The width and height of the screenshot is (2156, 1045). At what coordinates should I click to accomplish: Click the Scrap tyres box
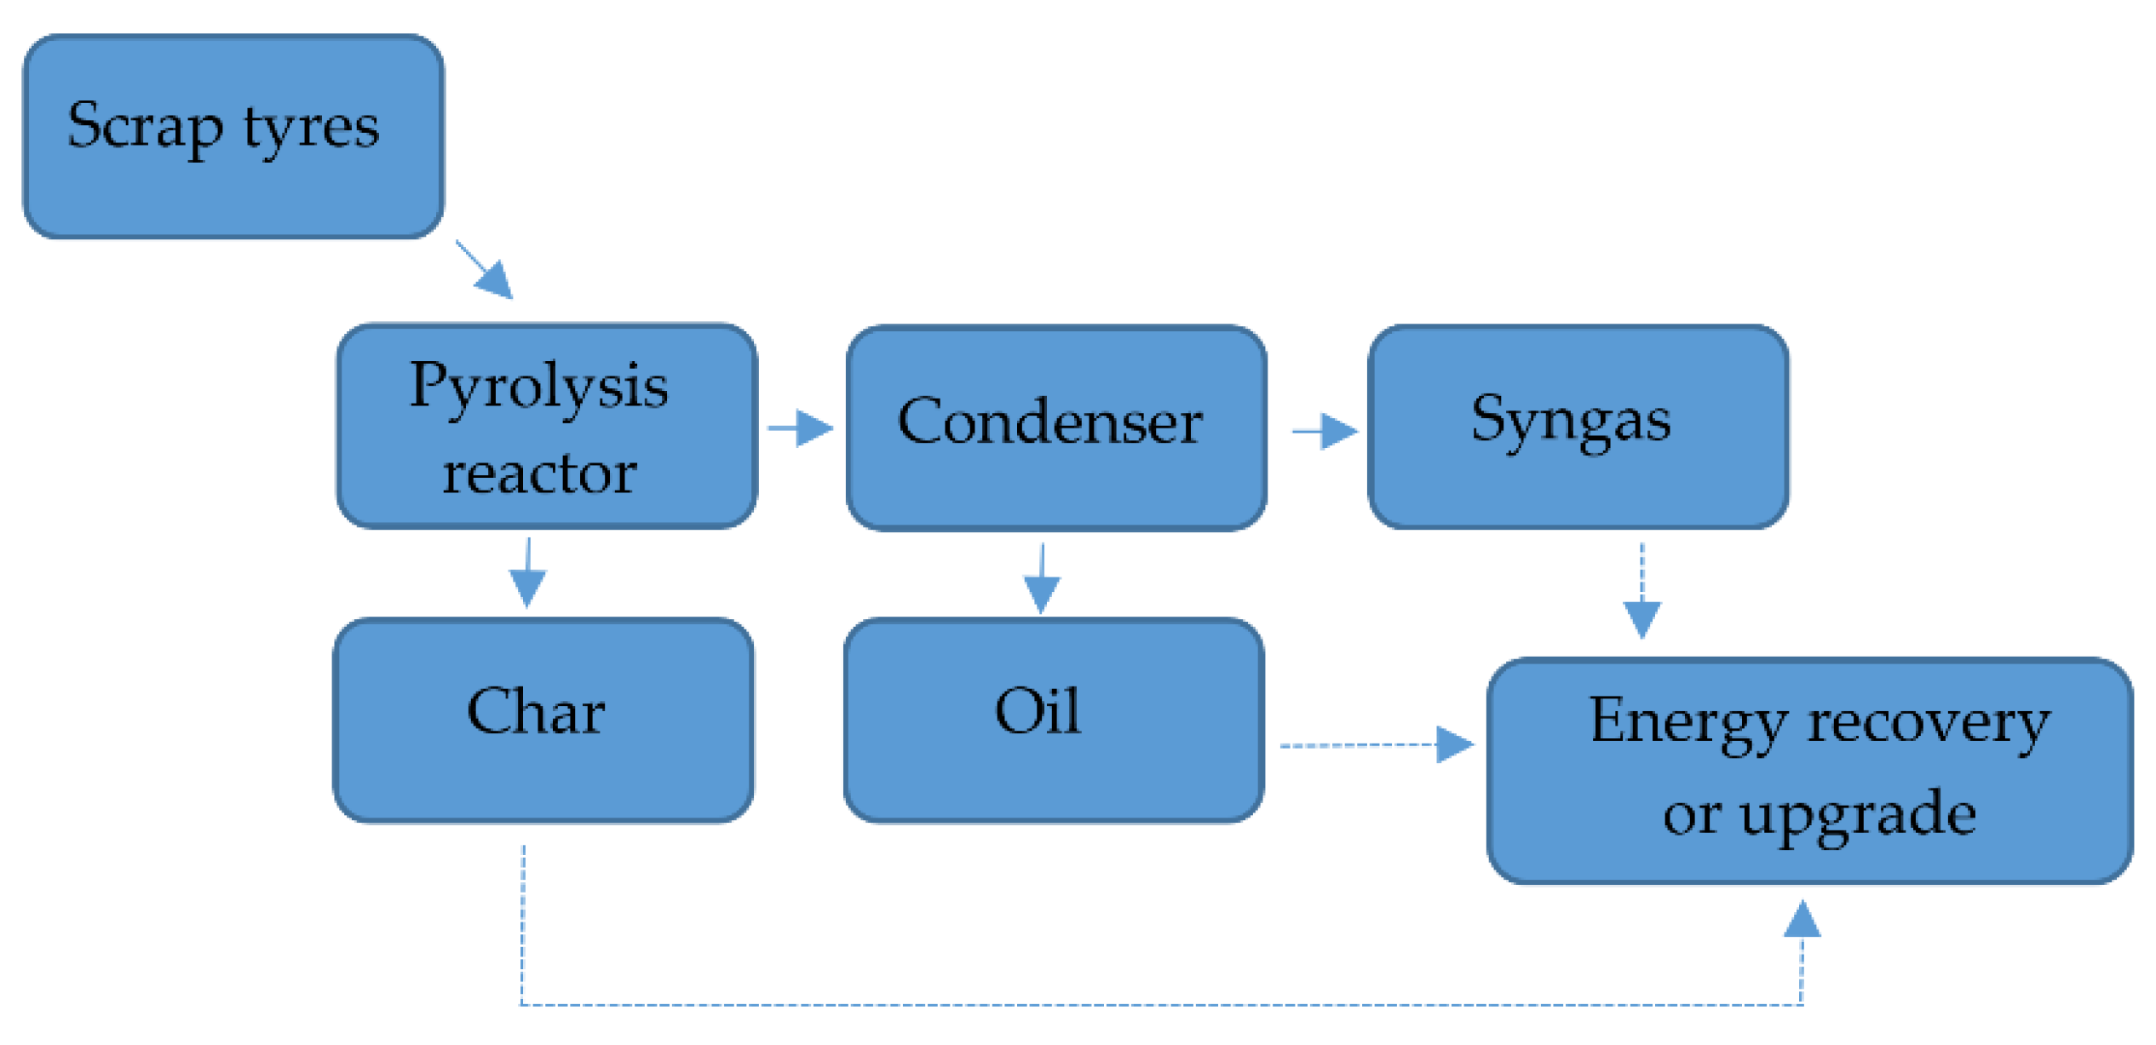(233, 136)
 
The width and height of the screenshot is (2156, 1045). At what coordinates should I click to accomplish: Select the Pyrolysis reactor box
(546, 426)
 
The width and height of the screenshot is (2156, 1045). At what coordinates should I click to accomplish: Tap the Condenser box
(1056, 428)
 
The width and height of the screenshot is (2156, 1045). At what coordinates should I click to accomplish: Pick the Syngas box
(1578, 426)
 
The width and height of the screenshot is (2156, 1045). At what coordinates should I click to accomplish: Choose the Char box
(543, 721)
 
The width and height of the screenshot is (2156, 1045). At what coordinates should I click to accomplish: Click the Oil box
(1053, 721)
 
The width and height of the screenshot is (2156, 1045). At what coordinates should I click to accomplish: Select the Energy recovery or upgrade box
(1809, 771)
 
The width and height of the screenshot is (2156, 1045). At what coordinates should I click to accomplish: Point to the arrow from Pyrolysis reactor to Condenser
(800, 428)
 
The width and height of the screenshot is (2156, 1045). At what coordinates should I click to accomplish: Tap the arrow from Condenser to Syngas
(1325, 431)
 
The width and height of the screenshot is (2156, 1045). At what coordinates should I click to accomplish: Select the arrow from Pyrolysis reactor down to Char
(527, 572)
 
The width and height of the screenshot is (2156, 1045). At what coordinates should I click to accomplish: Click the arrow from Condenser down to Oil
(1041, 579)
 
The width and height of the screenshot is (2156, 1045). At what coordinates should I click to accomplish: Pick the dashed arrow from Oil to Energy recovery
(1376, 744)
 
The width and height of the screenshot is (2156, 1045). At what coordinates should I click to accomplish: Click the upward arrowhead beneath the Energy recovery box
(1802, 921)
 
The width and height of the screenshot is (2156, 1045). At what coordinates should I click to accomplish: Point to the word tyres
(311, 128)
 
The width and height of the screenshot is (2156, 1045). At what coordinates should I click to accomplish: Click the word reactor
(539, 474)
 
